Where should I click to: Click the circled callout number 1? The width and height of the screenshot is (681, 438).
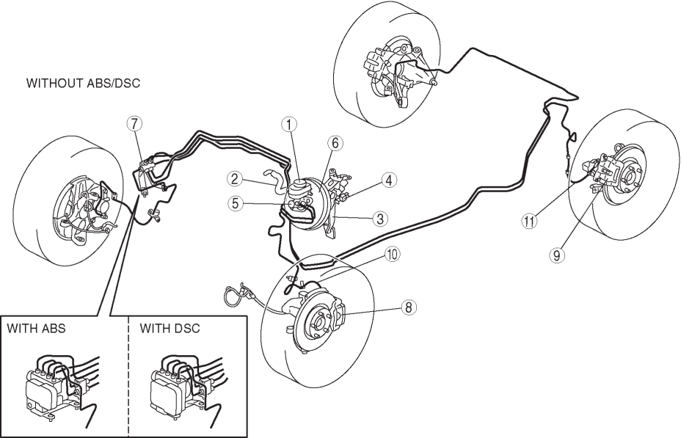tap(291, 125)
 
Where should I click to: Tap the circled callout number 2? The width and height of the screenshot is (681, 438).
tap(234, 178)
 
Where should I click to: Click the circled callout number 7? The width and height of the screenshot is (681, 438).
tap(133, 123)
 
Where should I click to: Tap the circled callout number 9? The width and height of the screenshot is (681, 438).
tap(558, 256)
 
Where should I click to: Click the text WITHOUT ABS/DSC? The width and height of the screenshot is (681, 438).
tap(83, 84)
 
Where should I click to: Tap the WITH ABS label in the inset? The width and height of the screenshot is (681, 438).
tap(37, 328)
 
